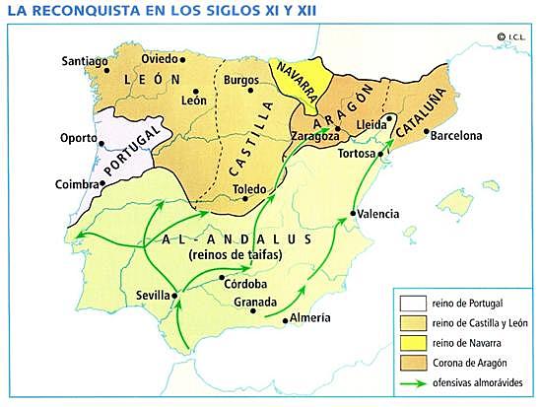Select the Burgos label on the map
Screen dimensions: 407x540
241,79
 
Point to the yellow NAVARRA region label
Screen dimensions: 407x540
294,77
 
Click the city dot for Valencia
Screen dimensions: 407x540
354,213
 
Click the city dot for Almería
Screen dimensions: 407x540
285,319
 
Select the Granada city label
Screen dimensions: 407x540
229,303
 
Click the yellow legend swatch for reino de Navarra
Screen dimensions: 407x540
408,342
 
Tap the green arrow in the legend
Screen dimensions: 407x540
408,381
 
